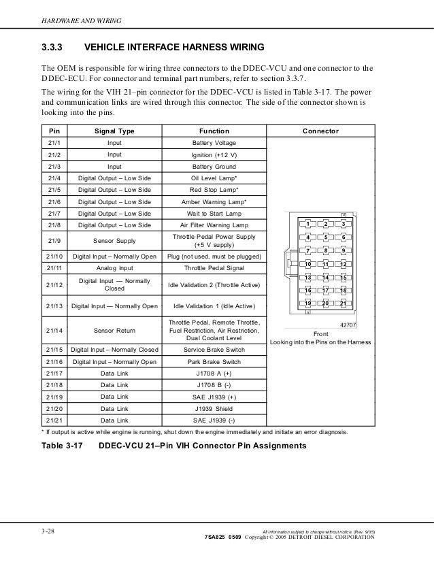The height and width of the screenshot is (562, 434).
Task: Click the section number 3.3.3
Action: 54,48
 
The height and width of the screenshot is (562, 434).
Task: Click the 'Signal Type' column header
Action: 114,131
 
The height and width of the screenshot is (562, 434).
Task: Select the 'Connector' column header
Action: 320,131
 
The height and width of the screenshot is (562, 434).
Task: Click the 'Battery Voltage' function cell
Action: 214,144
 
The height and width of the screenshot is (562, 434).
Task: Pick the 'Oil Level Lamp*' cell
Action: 214,178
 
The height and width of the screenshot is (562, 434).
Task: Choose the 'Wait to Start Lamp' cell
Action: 214,214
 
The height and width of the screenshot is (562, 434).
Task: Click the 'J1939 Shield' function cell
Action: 214,408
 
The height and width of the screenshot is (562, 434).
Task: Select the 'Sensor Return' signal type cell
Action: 114,330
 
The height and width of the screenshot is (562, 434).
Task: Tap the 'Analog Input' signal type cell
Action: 114,269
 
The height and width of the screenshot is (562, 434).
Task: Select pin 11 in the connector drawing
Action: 326,263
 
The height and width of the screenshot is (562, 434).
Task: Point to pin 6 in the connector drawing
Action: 344,237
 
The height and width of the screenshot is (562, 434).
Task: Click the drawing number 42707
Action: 348,325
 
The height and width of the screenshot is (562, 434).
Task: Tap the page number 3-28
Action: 49,531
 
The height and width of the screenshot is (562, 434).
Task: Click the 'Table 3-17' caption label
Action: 65,446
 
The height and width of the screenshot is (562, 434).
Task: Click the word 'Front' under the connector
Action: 320,334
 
